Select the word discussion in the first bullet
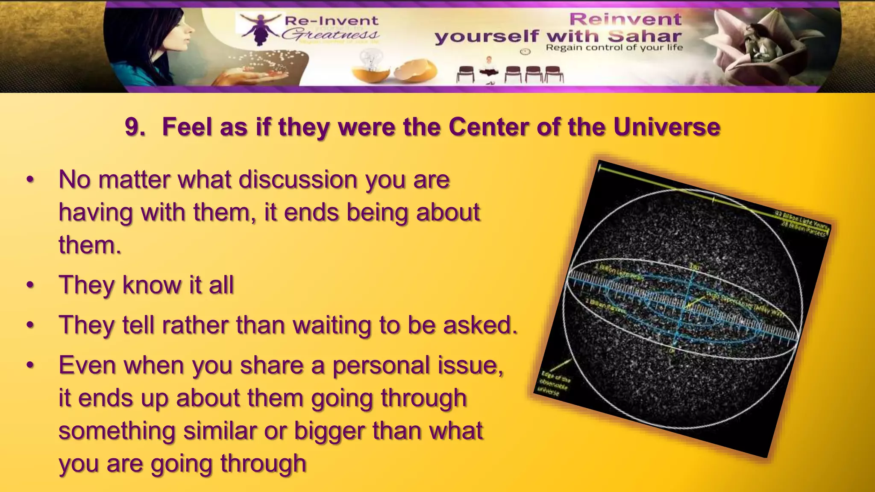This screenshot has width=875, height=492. click(x=297, y=179)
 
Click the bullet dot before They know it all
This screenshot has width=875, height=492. click(x=30, y=285)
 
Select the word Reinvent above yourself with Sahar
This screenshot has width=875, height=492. click(x=625, y=19)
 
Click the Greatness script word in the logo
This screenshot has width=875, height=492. click(x=330, y=34)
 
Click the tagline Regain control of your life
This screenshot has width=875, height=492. click(x=614, y=47)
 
